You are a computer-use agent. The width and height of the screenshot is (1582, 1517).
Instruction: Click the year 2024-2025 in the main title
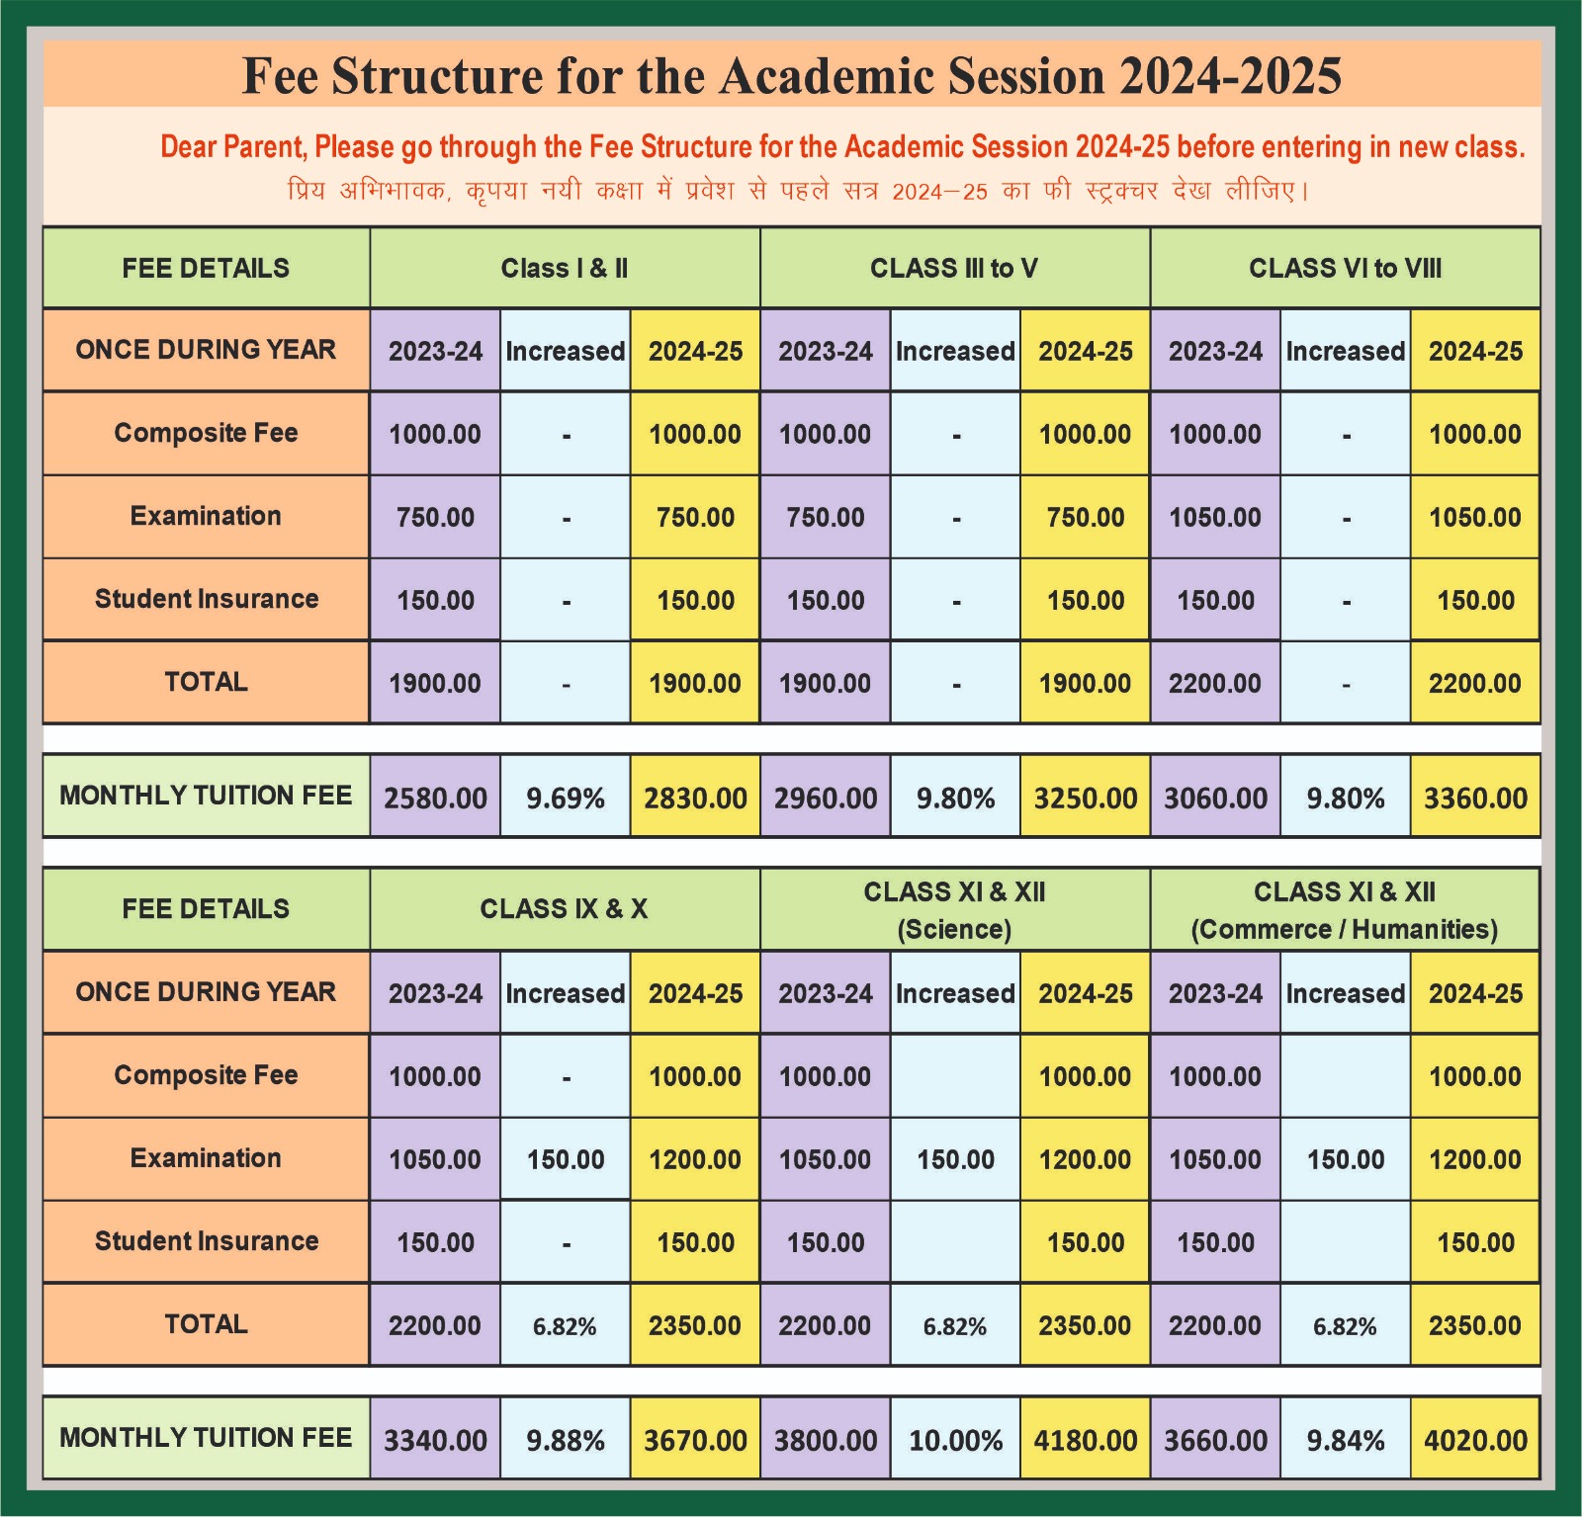(1230, 76)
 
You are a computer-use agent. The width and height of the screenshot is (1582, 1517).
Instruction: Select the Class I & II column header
(565, 268)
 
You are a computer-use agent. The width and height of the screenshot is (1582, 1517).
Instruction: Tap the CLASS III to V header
(954, 268)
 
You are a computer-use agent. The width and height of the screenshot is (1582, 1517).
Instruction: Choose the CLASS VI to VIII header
(1345, 268)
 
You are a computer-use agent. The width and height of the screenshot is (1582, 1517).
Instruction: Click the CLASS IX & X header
(565, 909)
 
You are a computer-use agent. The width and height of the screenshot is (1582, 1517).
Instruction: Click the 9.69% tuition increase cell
(565, 798)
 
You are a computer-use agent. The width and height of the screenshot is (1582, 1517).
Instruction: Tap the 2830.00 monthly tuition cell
(695, 798)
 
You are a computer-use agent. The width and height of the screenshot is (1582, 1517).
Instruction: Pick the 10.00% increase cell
(955, 1440)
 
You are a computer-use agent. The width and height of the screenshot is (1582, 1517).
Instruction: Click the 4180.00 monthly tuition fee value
(1085, 1440)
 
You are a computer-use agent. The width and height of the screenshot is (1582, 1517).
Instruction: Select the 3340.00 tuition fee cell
(435, 1440)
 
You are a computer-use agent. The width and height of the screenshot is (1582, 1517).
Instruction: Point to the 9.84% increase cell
(1345, 1440)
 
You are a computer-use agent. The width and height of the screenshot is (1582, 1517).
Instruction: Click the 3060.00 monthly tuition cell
(1215, 798)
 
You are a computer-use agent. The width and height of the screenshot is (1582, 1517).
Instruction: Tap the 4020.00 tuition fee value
(1475, 1440)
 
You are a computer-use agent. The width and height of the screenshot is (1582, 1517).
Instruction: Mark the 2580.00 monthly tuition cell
(435, 798)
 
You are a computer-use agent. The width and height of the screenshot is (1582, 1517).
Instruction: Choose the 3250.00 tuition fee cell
(1085, 798)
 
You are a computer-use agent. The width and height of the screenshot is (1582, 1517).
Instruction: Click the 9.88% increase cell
(565, 1440)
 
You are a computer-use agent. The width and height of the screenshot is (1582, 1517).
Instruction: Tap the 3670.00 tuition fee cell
(695, 1440)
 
